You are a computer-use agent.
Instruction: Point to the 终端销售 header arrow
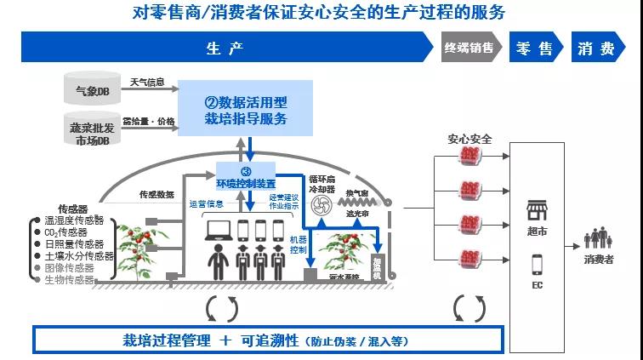pyautogui.click(x=470, y=49)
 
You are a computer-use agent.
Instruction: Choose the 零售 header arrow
pyautogui.click(x=535, y=49)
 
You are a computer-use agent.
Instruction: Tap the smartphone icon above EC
pyautogui.click(x=537, y=264)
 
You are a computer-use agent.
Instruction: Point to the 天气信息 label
pyautogui.click(x=148, y=83)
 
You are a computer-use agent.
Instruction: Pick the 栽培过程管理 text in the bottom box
pyautogui.click(x=167, y=340)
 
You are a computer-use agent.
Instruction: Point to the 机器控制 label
pyautogui.click(x=298, y=245)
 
